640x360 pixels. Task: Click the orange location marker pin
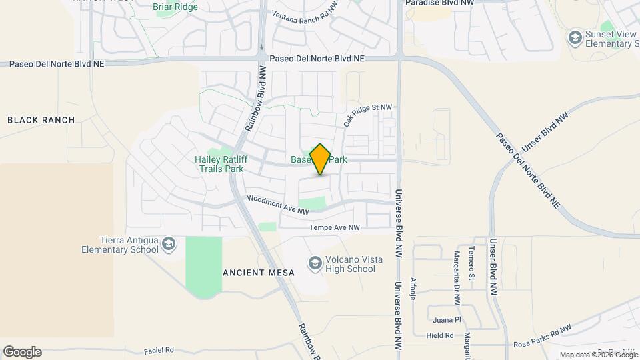320,159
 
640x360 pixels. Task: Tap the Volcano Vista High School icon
315,264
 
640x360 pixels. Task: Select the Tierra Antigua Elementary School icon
169,244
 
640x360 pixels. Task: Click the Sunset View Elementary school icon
574,38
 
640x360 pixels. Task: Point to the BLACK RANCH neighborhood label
41,120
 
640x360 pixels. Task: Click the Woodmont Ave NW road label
278,205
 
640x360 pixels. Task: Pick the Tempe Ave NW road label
334,228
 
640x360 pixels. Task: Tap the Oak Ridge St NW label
367,115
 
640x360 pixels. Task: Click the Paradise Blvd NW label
441,3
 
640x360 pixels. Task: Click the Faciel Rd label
159,350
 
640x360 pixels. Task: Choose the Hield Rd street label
440,336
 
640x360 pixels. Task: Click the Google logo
22,351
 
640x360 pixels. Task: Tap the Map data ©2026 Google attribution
598,355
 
